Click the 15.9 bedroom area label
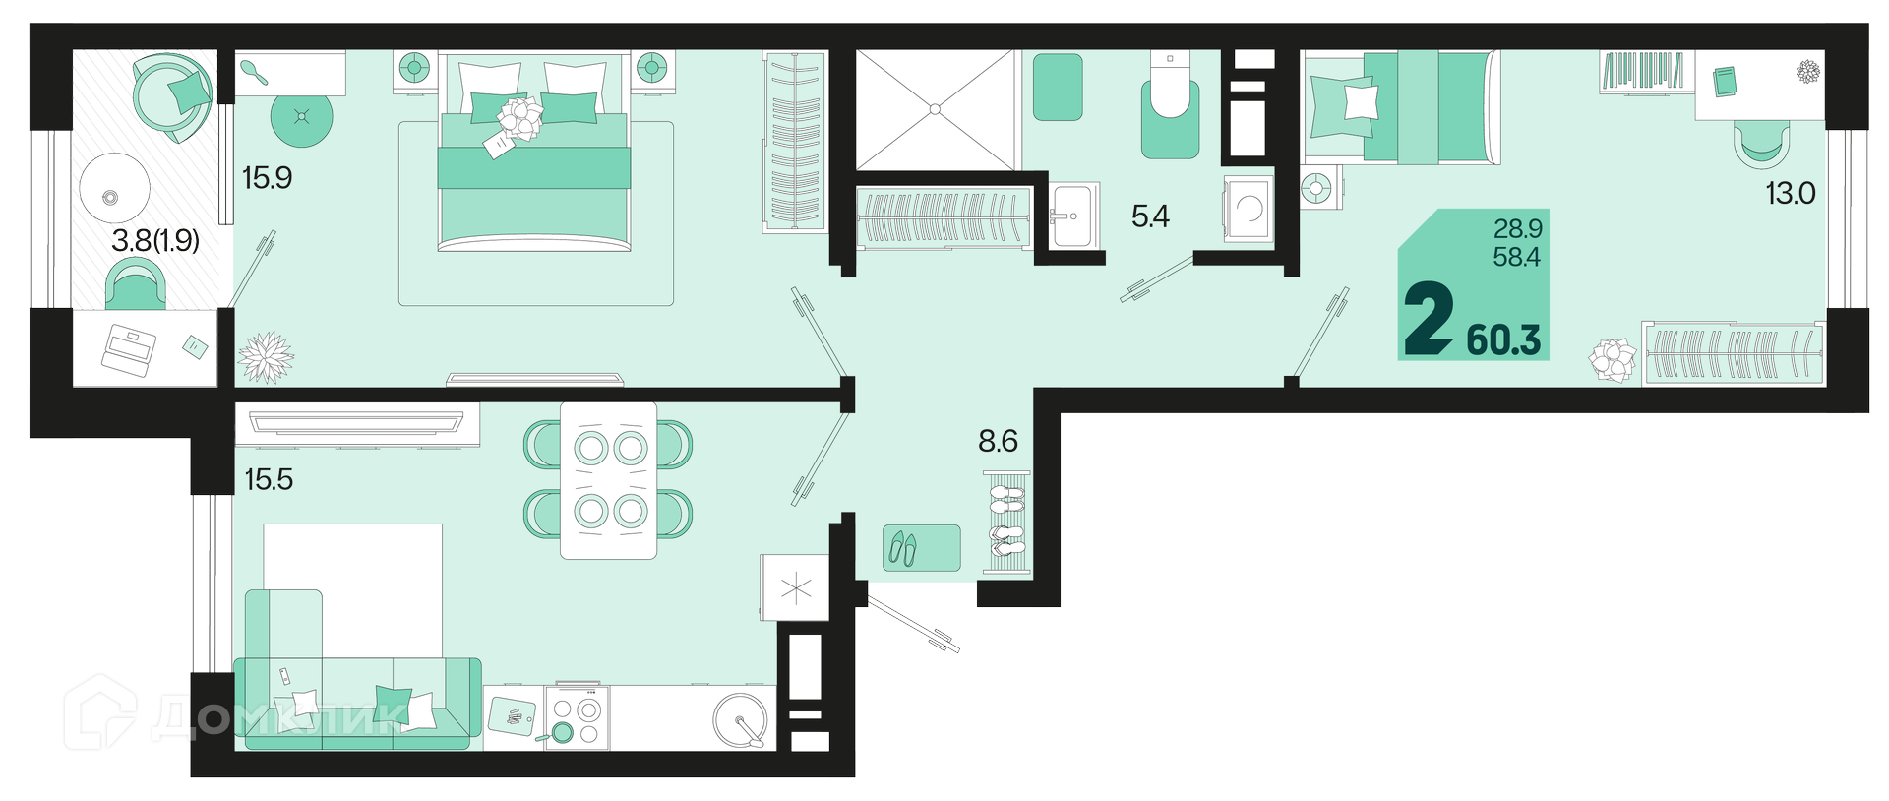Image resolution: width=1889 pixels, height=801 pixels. pos(268,178)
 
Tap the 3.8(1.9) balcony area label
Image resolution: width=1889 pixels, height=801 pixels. pos(155,240)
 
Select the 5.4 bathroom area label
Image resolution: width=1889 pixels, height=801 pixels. pos(1150,216)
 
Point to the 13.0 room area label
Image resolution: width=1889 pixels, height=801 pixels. pos(1790,193)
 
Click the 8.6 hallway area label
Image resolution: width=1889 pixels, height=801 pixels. pos(998,441)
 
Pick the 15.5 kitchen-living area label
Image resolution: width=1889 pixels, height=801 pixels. pos(269,479)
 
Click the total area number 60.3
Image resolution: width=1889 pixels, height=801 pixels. pos(1503,340)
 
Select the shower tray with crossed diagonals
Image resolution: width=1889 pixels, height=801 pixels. pos(935,109)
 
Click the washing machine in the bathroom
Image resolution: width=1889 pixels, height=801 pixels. pos(1249,209)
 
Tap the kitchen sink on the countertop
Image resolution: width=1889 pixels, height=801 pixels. pos(741,720)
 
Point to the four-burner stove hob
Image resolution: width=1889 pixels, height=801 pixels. pos(577,717)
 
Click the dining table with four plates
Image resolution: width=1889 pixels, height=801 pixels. pos(608,480)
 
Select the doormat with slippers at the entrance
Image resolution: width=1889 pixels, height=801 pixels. pos(922,548)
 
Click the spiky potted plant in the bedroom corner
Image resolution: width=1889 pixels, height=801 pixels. pos(266,357)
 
